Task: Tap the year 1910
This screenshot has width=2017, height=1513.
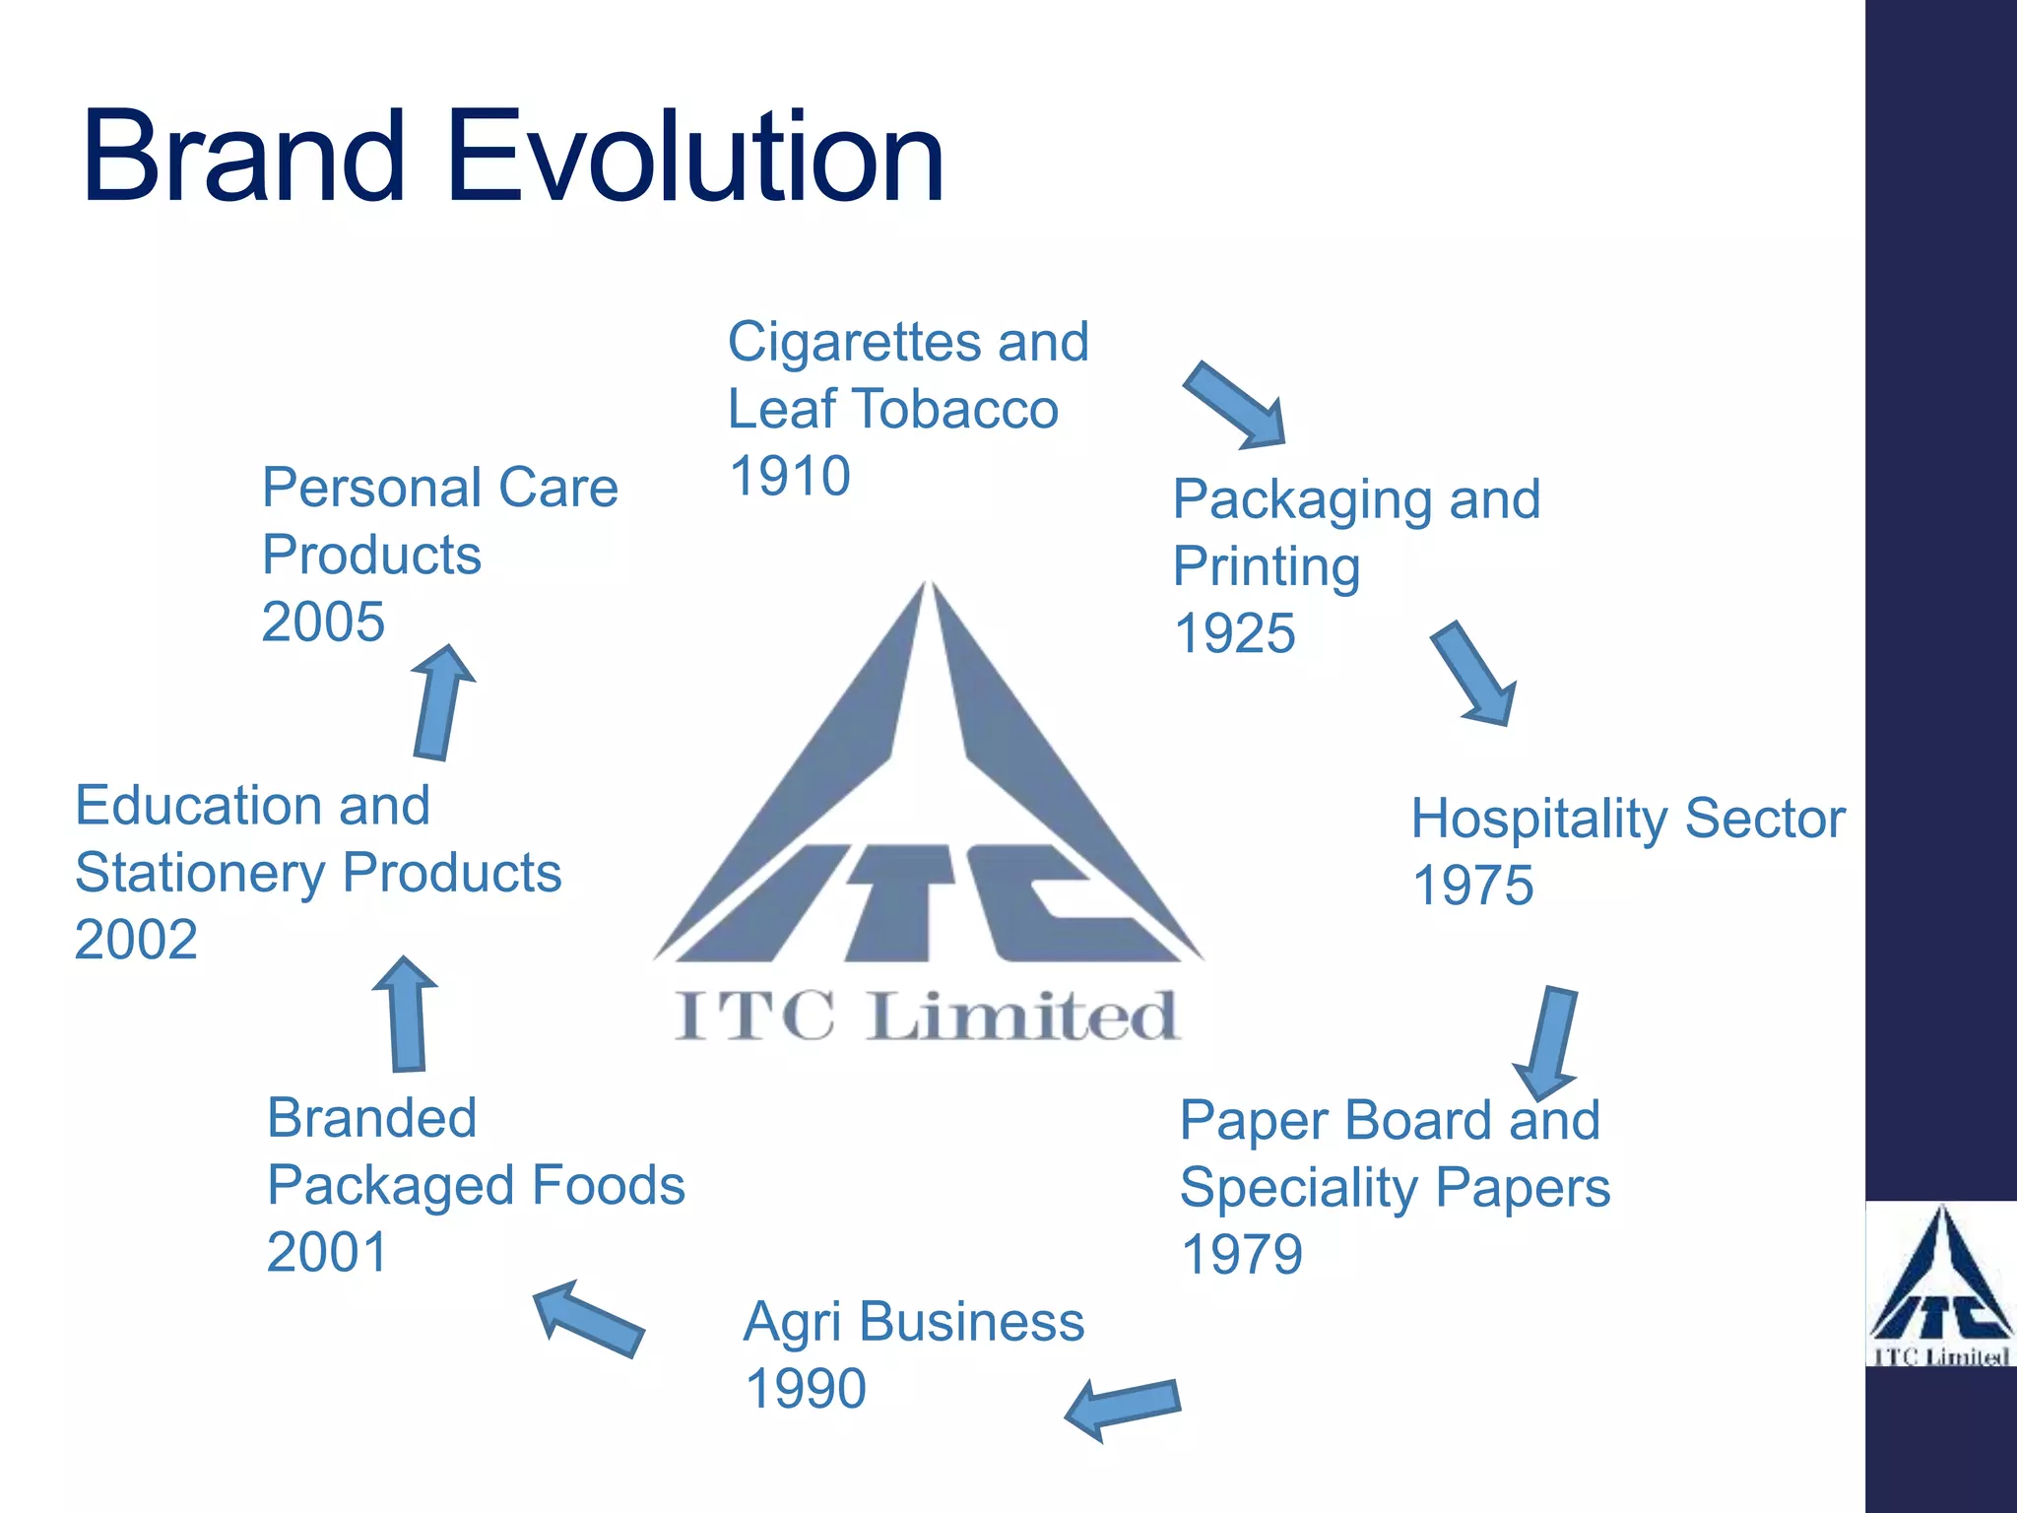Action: pyautogui.click(x=789, y=477)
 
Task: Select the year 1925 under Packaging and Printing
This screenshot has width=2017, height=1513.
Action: pyautogui.click(x=1234, y=633)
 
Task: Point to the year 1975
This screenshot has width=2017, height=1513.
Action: pyautogui.click(x=1472, y=886)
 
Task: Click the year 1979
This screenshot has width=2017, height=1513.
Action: pyautogui.click(x=1241, y=1255)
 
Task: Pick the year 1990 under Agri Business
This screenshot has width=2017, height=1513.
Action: pyautogui.click(x=806, y=1389)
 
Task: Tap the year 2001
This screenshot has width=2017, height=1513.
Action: pyautogui.click(x=327, y=1253)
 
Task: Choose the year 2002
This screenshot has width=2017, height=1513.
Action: pyautogui.click(x=136, y=940)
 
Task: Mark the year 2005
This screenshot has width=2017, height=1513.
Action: pyautogui.click(x=323, y=623)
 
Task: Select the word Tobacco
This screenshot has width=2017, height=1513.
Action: pyautogui.click(x=955, y=409)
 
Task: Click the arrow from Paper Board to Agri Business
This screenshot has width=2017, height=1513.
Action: pyautogui.click(x=1123, y=1408)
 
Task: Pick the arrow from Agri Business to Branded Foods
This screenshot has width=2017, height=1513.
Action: pyautogui.click(x=588, y=1318)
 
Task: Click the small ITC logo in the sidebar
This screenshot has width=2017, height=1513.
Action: pyautogui.click(x=1940, y=1285)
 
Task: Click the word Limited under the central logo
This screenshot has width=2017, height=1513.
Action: pyautogui.click(x=1024, y=1017)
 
